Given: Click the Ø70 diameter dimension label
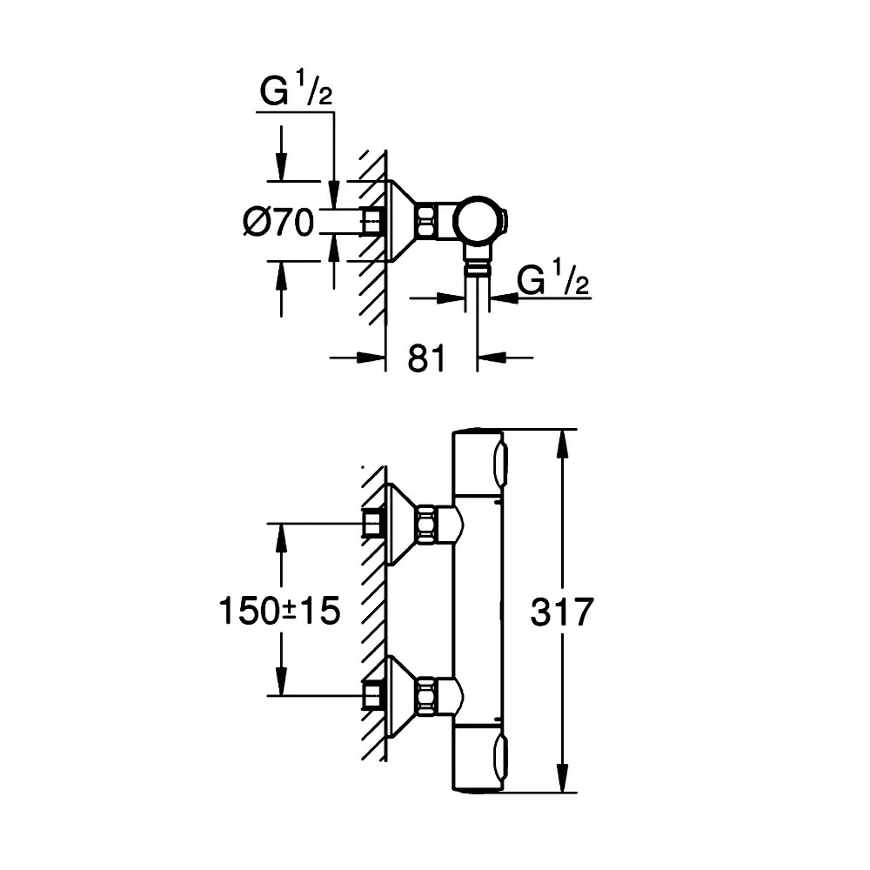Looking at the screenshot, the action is pos(278,223).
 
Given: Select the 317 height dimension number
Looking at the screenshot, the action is pos(561,612).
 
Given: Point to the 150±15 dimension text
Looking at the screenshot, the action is pos(279,611).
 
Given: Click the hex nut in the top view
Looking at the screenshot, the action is pos(425,222).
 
